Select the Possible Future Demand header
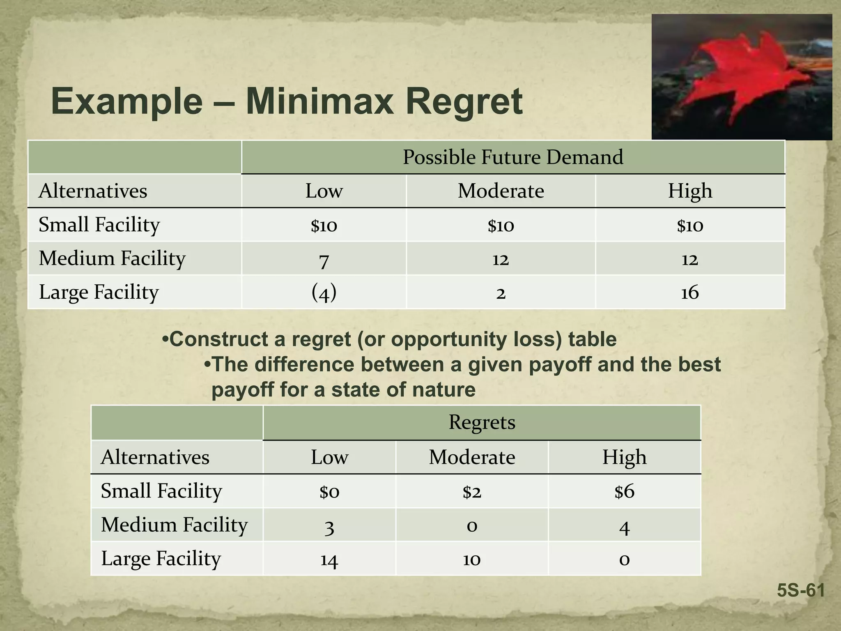point(513,157)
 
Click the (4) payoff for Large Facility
point(324,292)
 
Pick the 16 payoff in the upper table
point(690,292)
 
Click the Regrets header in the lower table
point(482,422)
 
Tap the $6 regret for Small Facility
point(624,491)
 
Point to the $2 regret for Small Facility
point(472,491)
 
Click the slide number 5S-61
point(801,591)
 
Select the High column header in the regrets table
point(624,457)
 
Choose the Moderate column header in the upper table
point(501,191)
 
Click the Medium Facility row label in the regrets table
point(175,525)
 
